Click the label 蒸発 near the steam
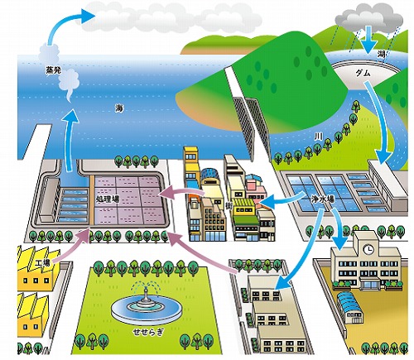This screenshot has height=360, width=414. coord(54,70)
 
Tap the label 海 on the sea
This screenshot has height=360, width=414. coord(119,108)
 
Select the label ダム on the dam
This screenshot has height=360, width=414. coord(363,73)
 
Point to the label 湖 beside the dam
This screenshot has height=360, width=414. coord(382,55)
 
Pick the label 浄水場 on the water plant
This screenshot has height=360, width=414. coord(323,199)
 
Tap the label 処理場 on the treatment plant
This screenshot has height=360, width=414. coord(108,199)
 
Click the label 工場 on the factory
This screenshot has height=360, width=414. coord(43,263)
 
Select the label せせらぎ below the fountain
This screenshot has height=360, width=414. coord(147,332)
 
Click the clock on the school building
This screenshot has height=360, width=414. coord(368,249)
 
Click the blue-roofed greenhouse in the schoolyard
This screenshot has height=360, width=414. coord(350,308)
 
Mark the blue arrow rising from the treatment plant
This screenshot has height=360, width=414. coord(69,138)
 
